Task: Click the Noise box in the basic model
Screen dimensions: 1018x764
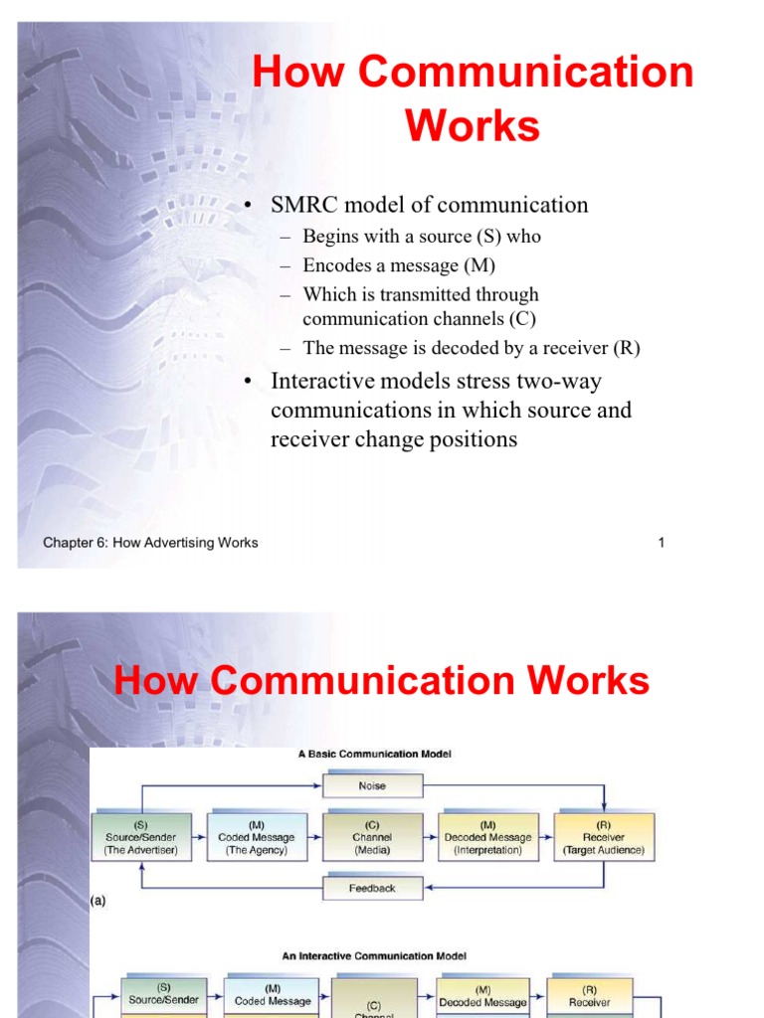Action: point(372,785)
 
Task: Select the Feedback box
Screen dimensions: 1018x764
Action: point(372,888)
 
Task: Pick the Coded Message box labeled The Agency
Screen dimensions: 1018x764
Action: point(257,837)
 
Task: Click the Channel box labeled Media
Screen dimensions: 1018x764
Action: point(372,837)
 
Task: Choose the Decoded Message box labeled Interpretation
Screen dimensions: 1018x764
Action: point(488,837)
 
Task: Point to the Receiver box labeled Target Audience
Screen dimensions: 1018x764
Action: point(604,837)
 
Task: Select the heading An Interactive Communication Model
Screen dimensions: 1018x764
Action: point(374,956)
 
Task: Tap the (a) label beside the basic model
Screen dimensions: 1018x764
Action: point(97,901)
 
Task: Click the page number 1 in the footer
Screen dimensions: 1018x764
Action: point(661,543)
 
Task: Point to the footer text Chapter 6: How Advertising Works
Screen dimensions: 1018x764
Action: point(150,543)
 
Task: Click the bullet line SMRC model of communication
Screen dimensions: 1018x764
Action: point(430,205)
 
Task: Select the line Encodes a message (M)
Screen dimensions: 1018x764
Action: point(399,265)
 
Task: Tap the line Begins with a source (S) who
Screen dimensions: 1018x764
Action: point(422,237)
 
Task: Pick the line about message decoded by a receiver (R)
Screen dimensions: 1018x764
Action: point(472,348)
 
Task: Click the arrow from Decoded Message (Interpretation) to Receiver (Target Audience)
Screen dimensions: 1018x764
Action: point(546,837)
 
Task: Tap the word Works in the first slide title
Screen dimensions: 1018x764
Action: point(473,126)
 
